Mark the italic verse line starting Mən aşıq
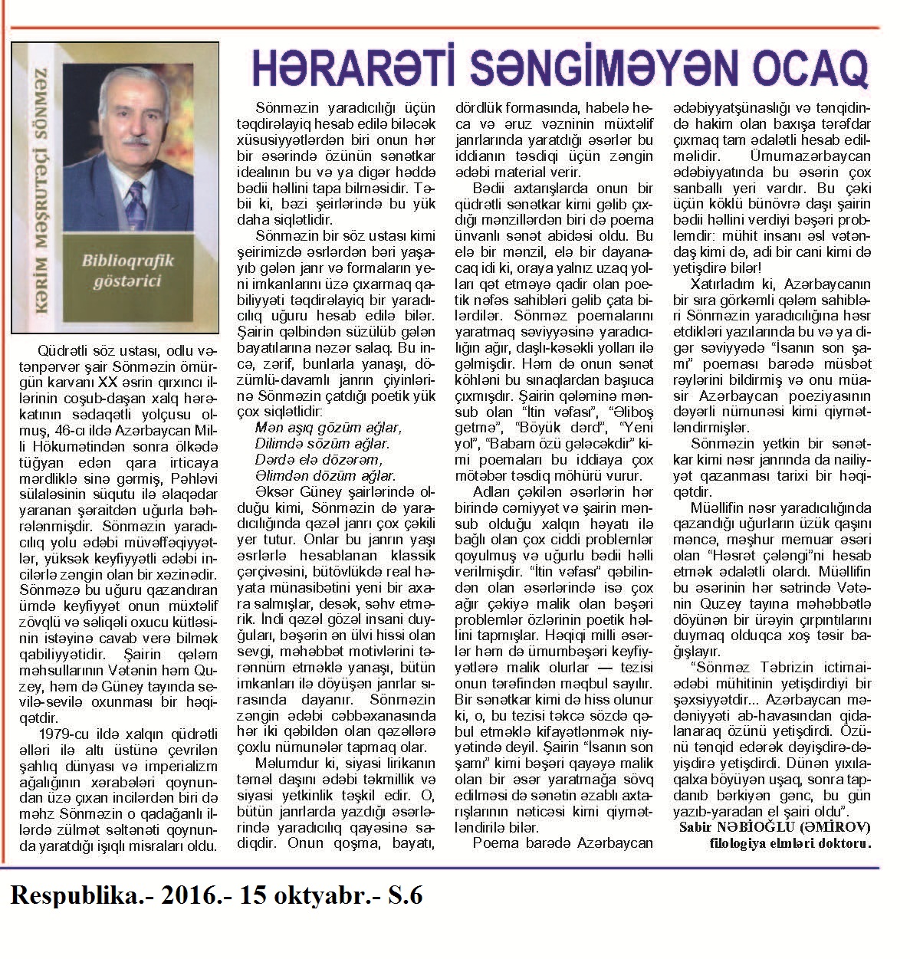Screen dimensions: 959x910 (327, 427)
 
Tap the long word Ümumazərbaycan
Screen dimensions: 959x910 (805, 157)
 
